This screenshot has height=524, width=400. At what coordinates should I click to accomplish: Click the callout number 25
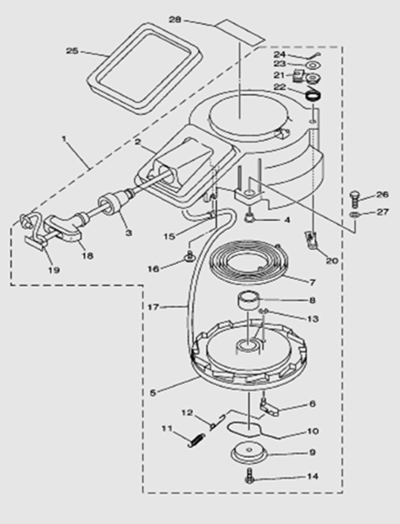pos(72,50)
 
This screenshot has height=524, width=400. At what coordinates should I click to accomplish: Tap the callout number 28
pos(175,20)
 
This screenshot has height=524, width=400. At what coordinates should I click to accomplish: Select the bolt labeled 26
pos(354,199)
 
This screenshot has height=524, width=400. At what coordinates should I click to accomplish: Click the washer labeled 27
pos(355,214)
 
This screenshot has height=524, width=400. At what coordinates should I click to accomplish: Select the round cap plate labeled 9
pos(249,453)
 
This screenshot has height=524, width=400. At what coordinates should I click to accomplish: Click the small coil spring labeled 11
pos(196,439)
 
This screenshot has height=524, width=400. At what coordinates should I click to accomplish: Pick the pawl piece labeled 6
pos(269,407)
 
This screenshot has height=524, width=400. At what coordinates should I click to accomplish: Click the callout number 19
pos(53,269)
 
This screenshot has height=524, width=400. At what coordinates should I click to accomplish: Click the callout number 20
pos(332,260)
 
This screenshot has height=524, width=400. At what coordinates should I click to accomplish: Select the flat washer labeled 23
pos(312,65)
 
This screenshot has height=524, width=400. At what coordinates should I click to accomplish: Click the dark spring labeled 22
pos(314,96)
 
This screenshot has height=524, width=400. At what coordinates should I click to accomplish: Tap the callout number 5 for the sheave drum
pos(153,393)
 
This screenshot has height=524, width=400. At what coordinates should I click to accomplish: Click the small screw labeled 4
pos(249,217)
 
